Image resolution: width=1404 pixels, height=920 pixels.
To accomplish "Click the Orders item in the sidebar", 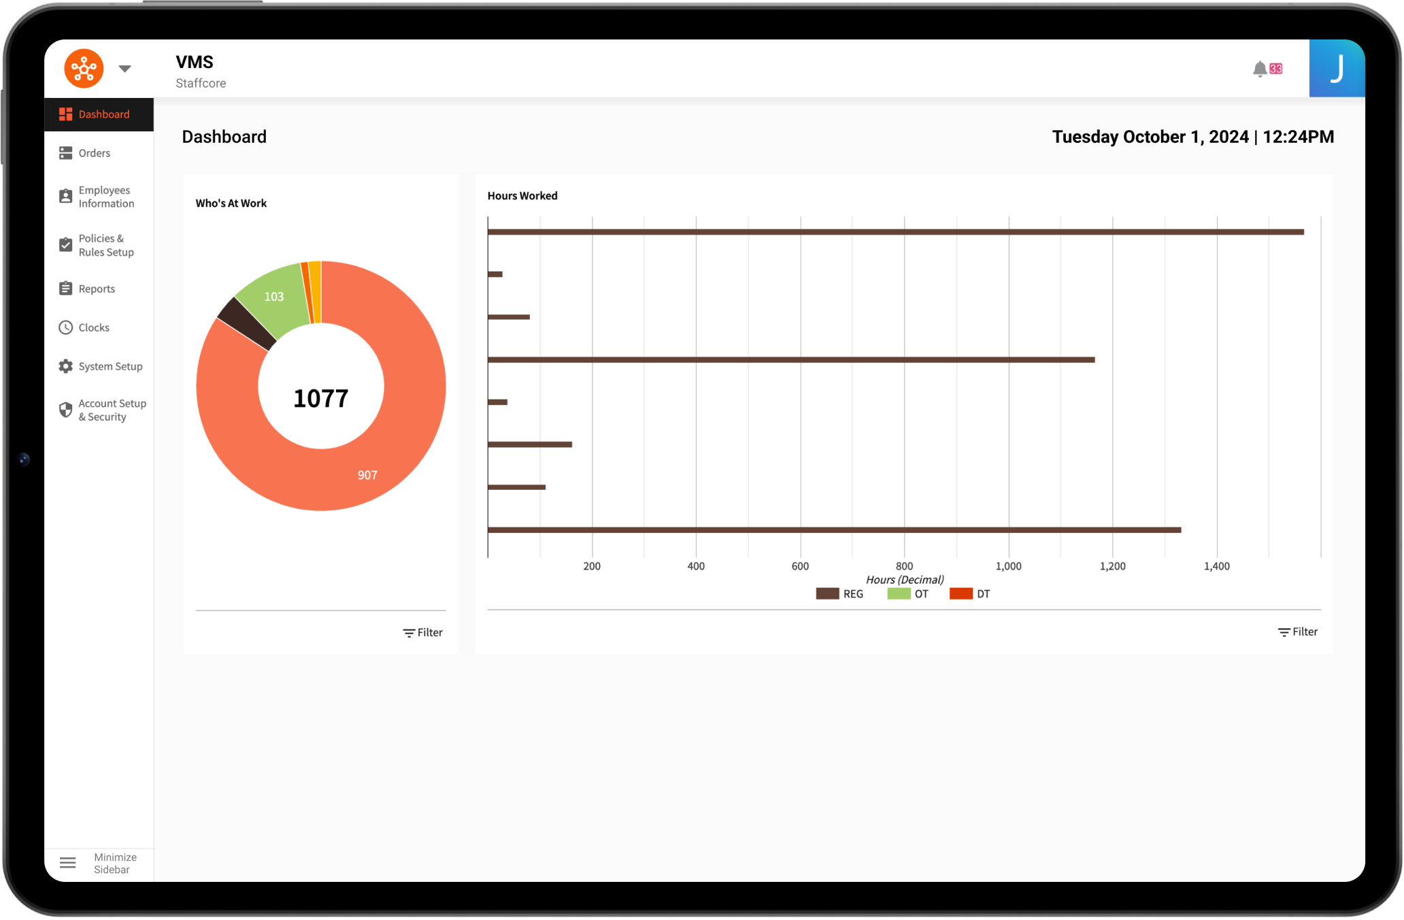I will [94, 153].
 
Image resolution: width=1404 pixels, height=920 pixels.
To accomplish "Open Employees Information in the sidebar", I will [105, 197].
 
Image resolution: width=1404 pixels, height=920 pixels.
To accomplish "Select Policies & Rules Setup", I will [105, 245].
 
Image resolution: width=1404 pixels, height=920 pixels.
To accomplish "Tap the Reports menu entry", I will [97, 289].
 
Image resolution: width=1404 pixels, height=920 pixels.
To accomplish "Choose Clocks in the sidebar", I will [94, 327].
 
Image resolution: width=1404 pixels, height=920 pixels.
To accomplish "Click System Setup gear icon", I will [65, 366].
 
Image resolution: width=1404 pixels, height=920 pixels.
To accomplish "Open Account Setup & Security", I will [112, 410].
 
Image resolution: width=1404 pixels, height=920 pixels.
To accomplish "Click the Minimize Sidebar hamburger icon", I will [68, 863].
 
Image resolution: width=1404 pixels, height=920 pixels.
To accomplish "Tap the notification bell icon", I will [1260, 69].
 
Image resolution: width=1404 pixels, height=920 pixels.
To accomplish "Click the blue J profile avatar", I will [1337, 69].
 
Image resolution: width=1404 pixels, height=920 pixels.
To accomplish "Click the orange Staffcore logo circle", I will [84, 69].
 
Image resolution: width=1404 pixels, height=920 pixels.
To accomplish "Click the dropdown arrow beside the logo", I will [124, 69].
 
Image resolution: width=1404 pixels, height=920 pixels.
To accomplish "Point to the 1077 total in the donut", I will [320, 398].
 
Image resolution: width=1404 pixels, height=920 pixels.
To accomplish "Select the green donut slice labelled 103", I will [273, 297].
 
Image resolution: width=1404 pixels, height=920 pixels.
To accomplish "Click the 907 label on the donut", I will [367, 475].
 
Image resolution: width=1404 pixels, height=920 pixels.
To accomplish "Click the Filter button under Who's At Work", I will [422, 633].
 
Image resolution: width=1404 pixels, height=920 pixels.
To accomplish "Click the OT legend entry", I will [908, 594].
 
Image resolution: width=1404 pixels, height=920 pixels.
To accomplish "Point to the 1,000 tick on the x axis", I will [1008, 566].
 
